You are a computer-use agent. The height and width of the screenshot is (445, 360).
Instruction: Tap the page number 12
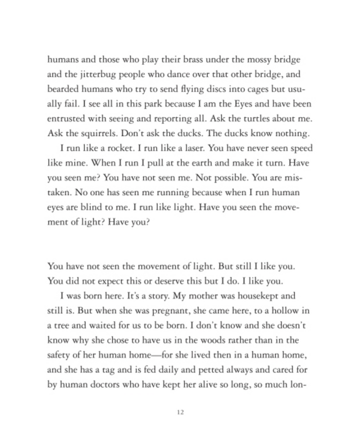point(180,412)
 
